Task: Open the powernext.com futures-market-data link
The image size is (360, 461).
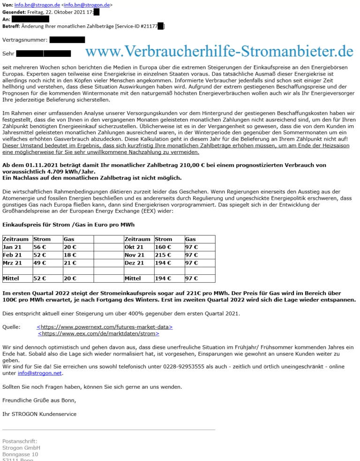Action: [x=105, y=327]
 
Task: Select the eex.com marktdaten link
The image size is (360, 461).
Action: [x=99, y=333]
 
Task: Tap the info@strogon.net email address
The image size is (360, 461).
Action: [x=40, y=373]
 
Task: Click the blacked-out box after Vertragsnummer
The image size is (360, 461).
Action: [x=67, y=40]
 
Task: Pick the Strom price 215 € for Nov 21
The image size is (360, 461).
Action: [x=163, y=255]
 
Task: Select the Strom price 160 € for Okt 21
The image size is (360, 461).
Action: [x=163, y=247]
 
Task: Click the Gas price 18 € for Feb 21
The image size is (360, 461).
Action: [x=70, y=255]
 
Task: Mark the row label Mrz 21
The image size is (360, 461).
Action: [x=12, y=263]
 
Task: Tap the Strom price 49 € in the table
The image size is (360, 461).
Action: [x=39, y=263]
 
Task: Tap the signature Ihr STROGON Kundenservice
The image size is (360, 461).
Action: [x=39, y=414]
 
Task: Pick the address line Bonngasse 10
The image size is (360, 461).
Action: [x=20, y=454]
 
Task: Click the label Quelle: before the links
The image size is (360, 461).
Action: [x=11, y=327]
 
